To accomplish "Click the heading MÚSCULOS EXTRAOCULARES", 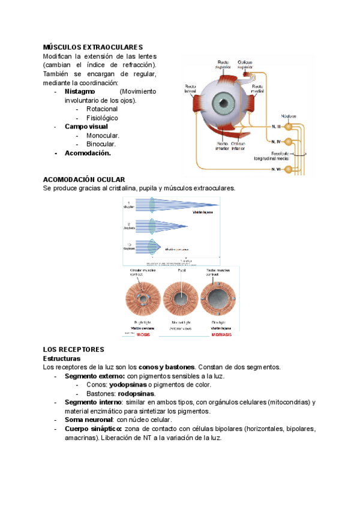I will coord(93,47).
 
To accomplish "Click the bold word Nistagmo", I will coord(81,92).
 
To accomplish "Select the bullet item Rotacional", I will coord(102,109).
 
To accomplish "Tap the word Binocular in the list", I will coord(101,144).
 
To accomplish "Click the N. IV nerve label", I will coord(277,142).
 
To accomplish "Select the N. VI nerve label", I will coord(277,170).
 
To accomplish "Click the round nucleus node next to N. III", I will coord(289,126).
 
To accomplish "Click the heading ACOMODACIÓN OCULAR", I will coord(84,179).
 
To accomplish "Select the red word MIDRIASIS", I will coord(221,334).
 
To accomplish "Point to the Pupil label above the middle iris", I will coord(182,271).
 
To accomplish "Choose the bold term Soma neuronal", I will coord(88,420).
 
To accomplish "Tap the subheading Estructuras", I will coord(63,358).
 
